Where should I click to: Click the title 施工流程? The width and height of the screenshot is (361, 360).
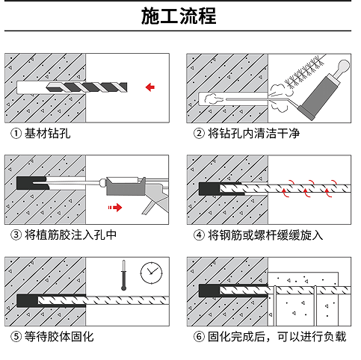(x=180, y=17)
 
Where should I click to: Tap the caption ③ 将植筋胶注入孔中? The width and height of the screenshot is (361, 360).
(x=64, y=235)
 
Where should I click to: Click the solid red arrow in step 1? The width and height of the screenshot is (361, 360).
(x=150, y=87)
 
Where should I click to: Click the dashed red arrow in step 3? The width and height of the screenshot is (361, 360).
(x=114, y=205)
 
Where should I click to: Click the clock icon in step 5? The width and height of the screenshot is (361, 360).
(x=152, y=272)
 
